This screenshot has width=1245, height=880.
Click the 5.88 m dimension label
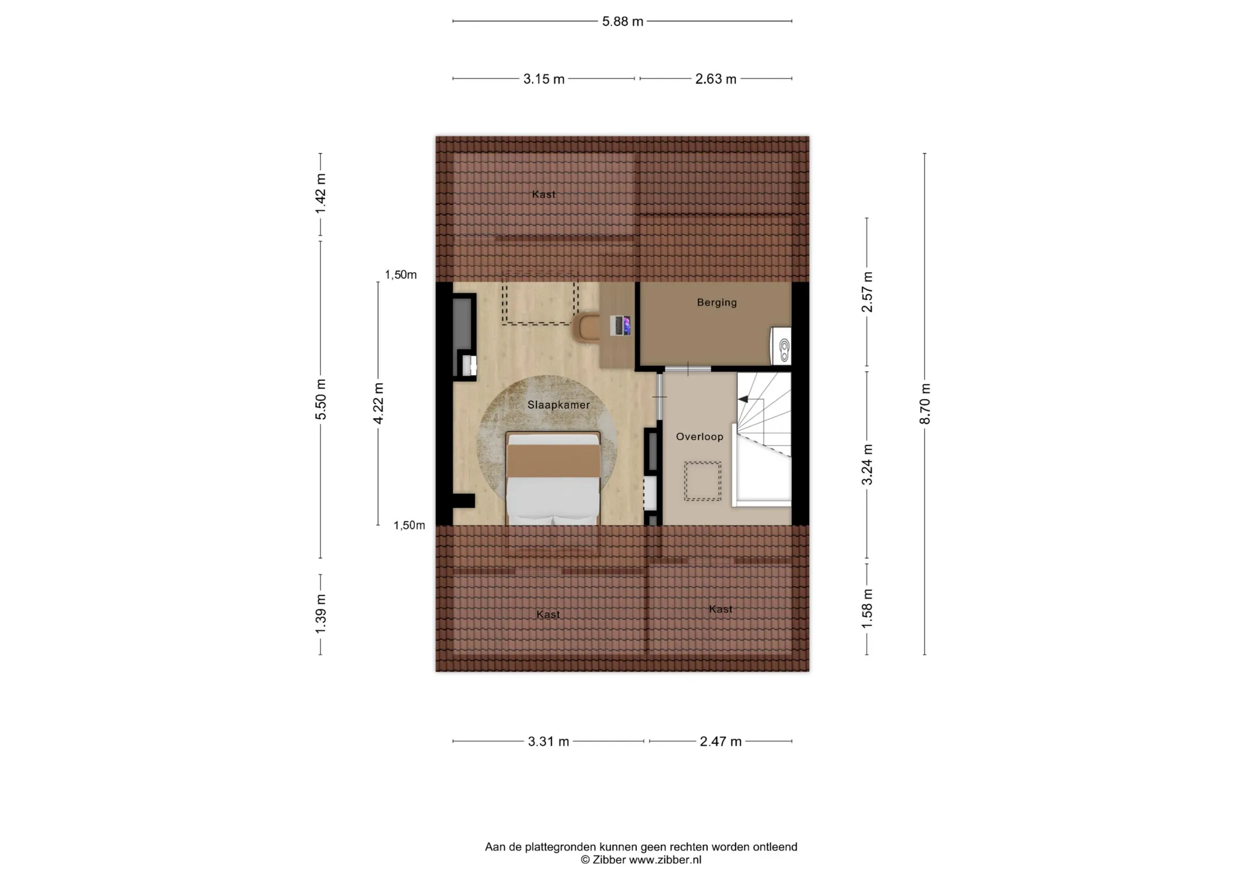point(622,22)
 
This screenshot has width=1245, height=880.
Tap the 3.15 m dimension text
point(544,80)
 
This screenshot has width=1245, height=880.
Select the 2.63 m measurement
point(716,80)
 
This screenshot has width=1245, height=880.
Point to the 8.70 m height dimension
point(925,403)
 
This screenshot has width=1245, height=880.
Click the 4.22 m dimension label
point(378,403)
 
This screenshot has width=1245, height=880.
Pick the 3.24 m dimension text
point(867,464)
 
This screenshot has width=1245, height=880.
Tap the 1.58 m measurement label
point(867,609)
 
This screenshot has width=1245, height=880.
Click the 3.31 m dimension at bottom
point(548,742)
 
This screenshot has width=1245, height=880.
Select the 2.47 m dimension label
point(720,742)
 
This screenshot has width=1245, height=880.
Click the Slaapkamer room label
point(559,405)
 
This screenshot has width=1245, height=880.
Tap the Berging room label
point(717,303)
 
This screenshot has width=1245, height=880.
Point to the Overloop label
point(700,437)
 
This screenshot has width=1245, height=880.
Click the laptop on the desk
point(621,326)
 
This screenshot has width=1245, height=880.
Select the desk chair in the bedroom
point(587,327)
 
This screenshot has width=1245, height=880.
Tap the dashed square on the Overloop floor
point(703,481)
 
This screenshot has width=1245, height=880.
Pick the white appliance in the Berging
point(781,346)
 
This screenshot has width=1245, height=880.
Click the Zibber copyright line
point(641,860)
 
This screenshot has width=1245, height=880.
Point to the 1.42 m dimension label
point(320,194)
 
